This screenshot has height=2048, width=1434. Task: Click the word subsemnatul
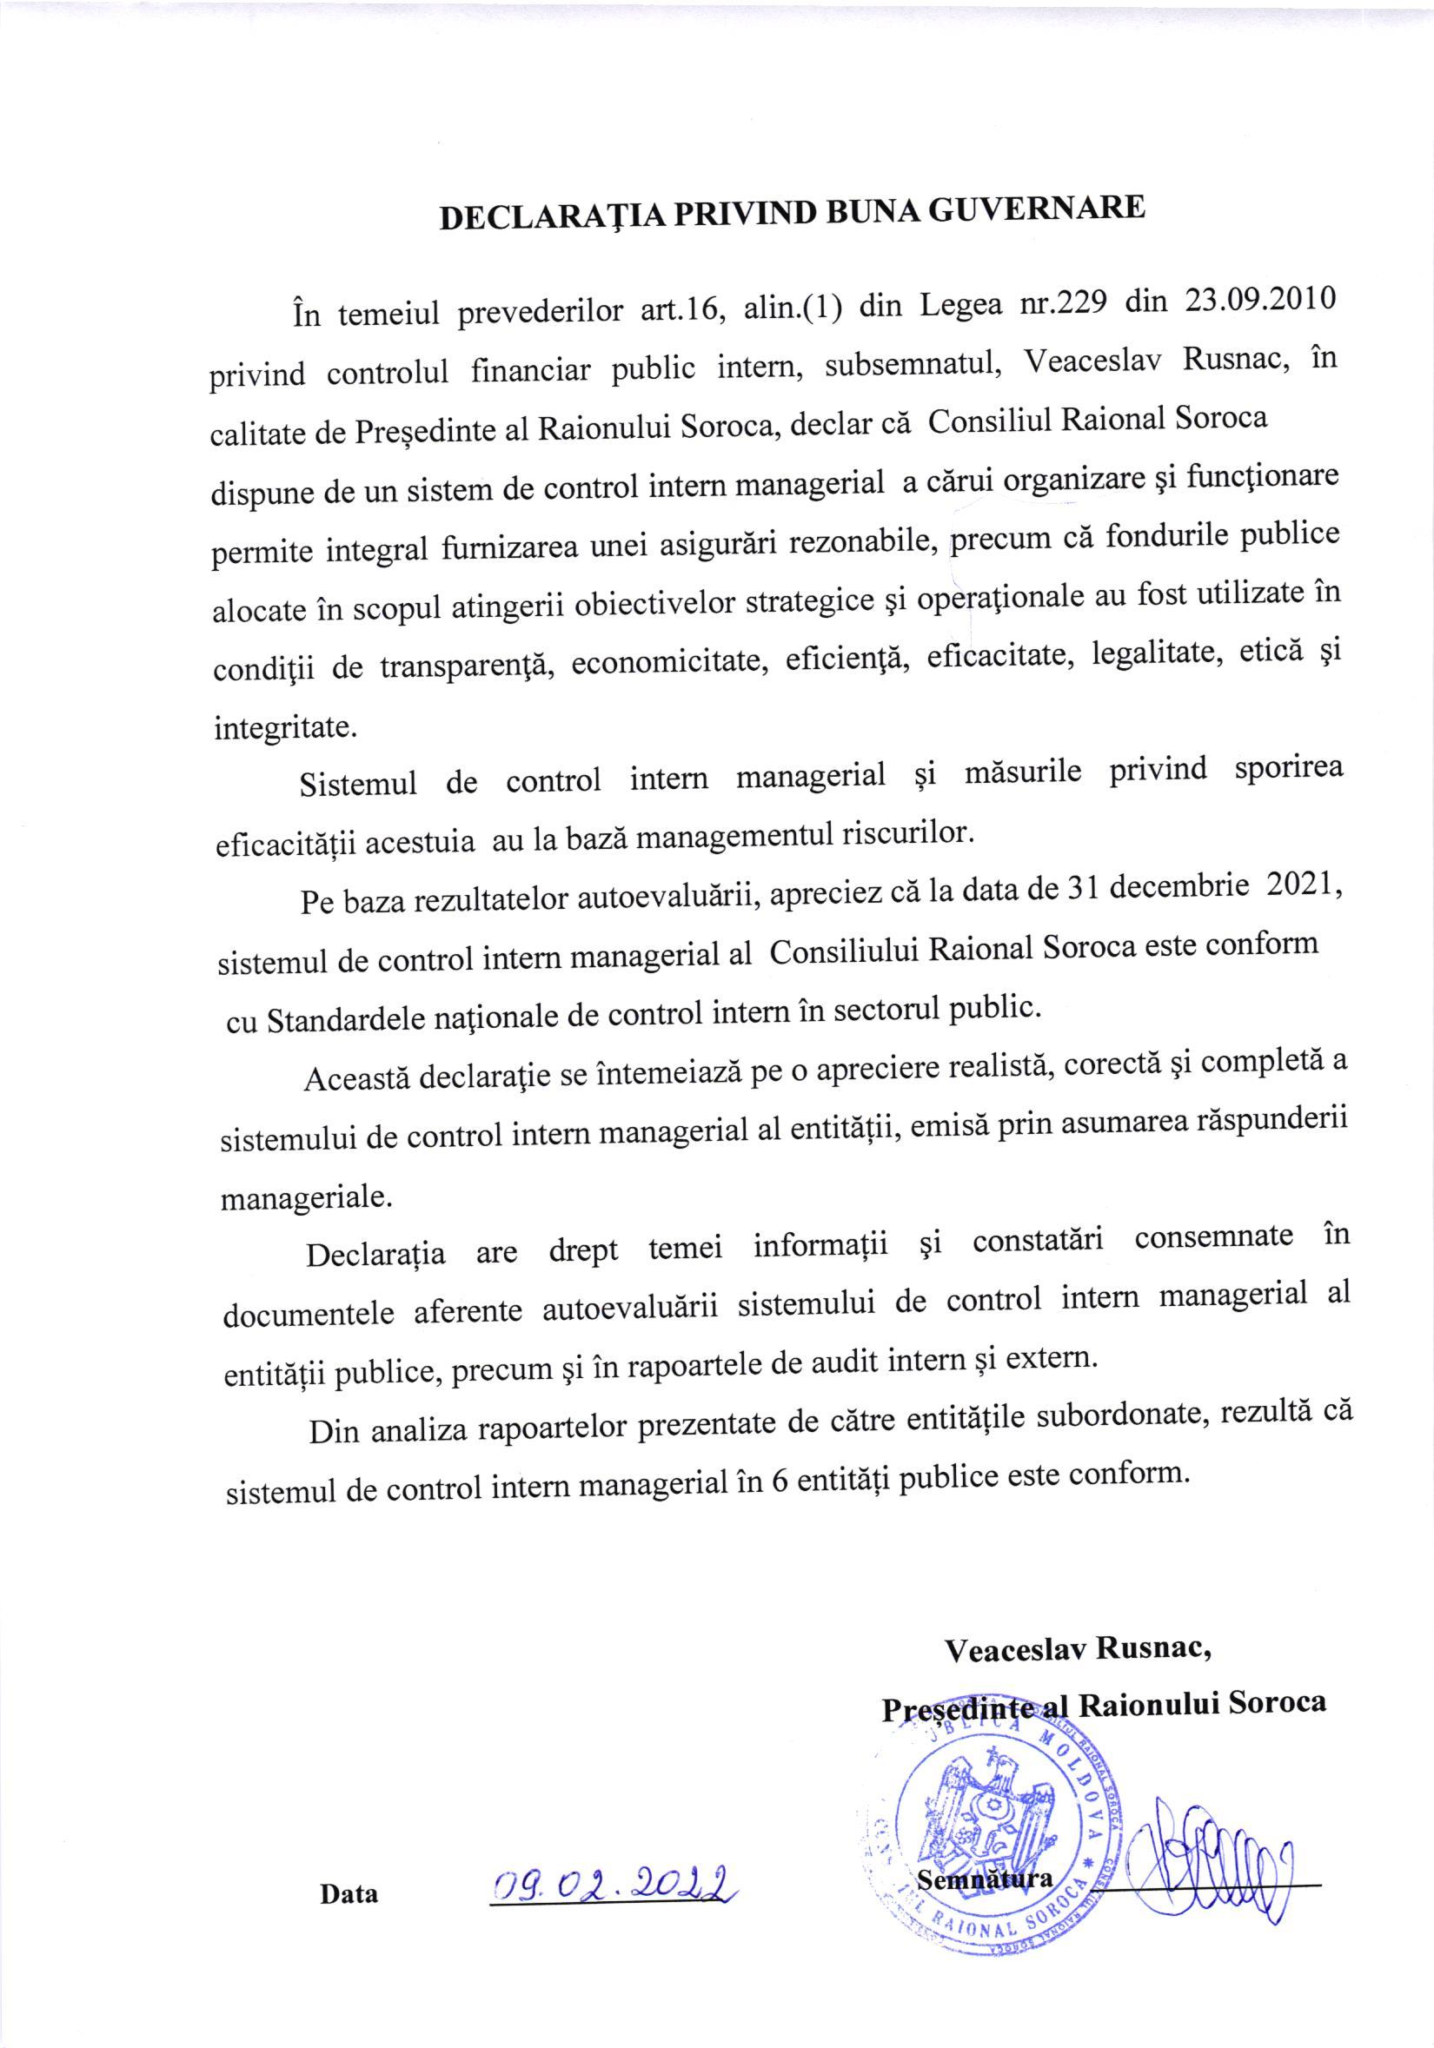911,363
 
